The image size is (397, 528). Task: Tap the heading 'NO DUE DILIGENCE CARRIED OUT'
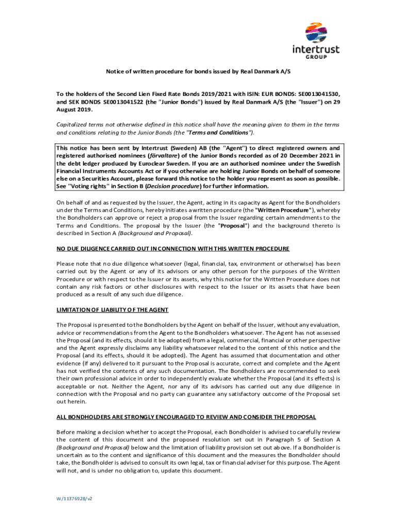tap(173, 249)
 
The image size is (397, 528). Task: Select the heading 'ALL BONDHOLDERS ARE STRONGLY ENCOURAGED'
tap(186, 417)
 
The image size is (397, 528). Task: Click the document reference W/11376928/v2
tap(74, 499)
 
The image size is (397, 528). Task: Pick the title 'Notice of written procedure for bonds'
tap(198, 72)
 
